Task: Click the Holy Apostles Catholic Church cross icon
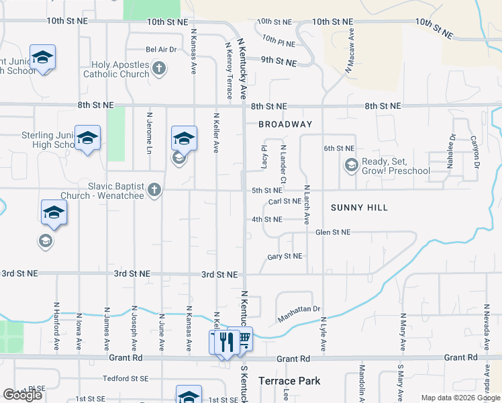[159, 68]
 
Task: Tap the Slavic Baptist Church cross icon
[154, 190]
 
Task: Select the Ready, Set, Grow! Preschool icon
[351, 165]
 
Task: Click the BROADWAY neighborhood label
[285, 124]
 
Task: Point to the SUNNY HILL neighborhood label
[359, 208]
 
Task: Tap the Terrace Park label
[289, 381]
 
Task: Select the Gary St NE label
[285, 257]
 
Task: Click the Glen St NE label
[333, 232]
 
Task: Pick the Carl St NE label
[285, 201]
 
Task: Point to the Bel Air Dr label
[161, 49]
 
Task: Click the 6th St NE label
[338, 148]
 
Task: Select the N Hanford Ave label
[55, 326]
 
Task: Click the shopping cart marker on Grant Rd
[244, 339]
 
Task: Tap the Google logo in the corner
[23, 395]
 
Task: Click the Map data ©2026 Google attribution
[460, 398]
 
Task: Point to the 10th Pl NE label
[279, 41]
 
